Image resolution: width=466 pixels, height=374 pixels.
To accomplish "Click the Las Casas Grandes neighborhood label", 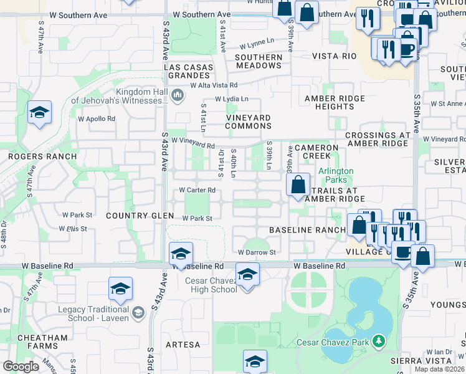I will [188, 71].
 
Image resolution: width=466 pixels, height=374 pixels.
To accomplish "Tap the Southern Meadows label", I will [259, 61].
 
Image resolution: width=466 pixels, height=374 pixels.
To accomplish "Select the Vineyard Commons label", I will [248, 122].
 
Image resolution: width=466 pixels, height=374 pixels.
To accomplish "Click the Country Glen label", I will [140, 216].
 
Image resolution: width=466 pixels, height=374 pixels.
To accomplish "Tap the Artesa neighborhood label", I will [183, 345].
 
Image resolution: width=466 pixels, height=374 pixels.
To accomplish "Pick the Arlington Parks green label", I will [336, 175].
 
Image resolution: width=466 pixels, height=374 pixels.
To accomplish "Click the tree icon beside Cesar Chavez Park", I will [378, 341].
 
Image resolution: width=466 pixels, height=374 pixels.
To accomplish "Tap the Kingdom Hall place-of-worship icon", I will [178, 95].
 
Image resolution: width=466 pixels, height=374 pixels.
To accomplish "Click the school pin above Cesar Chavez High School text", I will [247, 274].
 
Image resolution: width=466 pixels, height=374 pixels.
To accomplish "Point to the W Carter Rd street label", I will [197, 190].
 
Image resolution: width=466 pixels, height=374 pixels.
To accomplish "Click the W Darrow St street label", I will [256, 252].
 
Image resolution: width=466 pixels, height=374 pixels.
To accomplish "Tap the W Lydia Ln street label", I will [231, 99].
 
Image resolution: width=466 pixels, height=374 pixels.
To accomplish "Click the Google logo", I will [21, 367].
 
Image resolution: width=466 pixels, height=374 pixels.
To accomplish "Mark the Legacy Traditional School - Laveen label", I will [93, 314].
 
